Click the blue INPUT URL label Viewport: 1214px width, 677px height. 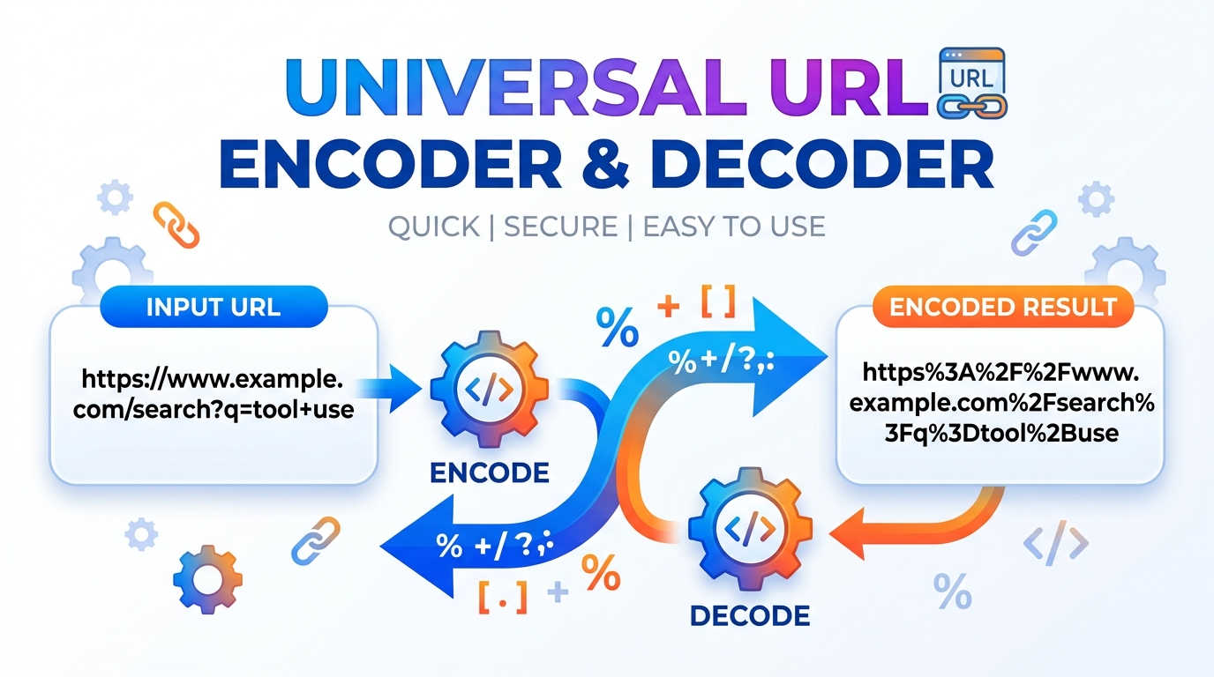tap(214, 307)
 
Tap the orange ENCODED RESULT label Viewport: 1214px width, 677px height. tap(1003, 307)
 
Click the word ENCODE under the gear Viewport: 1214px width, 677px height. tap(489, 472)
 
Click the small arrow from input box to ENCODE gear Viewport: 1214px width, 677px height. tap(399, 389)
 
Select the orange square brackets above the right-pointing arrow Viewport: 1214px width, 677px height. tap(717, 303)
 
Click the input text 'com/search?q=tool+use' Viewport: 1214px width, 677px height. tap(212, 409)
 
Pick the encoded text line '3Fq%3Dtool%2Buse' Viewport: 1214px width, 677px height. tap(1000, 433)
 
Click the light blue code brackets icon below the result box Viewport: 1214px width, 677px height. tap(1056, 545)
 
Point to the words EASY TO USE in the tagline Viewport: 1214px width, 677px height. tap(734, 227)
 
